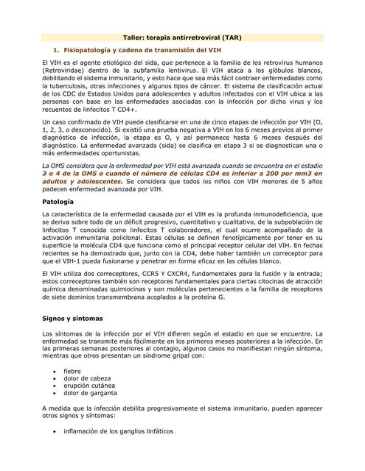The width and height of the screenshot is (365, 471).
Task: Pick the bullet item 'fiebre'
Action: coord(72,371)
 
